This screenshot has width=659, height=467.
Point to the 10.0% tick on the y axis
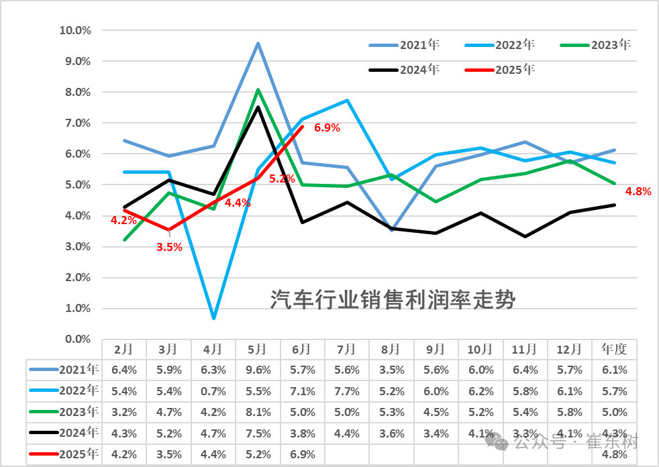(x=75, y=30)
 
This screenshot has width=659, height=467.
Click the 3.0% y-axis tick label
(x=77, y=246)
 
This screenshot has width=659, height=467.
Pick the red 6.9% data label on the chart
(x=327, y=127)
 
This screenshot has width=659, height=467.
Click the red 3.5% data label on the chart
(x=169, y=247)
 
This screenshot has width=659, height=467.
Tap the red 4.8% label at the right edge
(x=638, y=191)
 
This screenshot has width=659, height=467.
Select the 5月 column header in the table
(x=258, y=349)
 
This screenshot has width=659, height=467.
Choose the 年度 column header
(x=614, y=349)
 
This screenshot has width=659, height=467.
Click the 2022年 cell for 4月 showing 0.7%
(x=213, y=391)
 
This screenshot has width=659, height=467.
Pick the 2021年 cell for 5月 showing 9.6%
(x=258, y=369)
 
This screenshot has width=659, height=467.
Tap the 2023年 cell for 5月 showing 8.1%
(x=258, y=412)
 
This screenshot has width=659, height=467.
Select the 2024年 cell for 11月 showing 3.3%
(x=525, y=433)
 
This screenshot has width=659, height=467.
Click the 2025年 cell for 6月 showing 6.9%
(x=302, y=454)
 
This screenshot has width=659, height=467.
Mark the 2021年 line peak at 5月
(x=258, y=44)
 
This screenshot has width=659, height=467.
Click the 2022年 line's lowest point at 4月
(x=213, y=317)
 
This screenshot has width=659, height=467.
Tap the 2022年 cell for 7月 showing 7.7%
(x=346, y=391)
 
